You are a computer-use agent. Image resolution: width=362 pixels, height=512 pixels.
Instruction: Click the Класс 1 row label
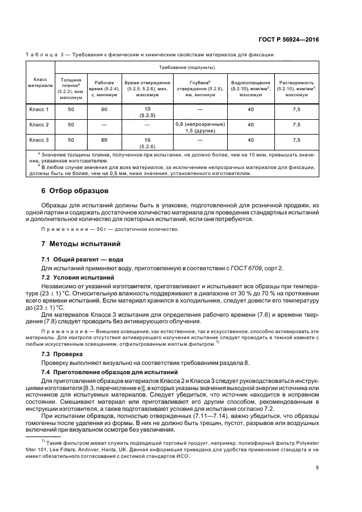click(x=39, y=109)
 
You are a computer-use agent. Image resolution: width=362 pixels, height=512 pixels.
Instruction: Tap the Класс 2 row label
click(x=39, y=125)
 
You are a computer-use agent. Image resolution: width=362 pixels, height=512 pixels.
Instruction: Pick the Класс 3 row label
click(x=39, y=141)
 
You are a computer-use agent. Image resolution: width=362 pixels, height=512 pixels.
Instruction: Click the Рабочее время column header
click(x=104, y=85)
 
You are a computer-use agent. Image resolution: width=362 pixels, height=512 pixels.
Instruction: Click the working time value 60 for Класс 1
click(x=104, y=109)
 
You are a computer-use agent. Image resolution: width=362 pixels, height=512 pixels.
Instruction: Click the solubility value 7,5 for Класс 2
click(x=296, y=125)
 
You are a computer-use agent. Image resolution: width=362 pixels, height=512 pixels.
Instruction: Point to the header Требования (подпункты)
click(x=186, y=67)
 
